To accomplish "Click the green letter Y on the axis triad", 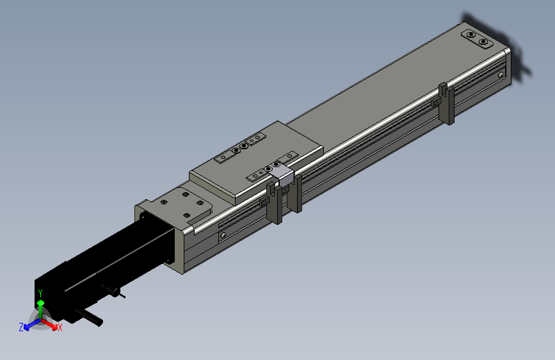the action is (40, 293).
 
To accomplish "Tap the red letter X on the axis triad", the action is (60, 327).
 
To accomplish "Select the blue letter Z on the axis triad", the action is (21, 327).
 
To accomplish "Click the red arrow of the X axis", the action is (49, 323).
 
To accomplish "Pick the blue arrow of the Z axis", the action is (33, 324).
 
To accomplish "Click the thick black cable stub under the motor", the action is (88, 316).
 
